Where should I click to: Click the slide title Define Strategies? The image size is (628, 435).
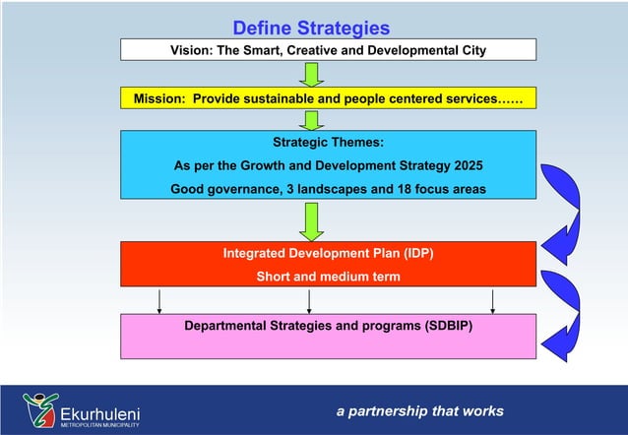click(311, 28)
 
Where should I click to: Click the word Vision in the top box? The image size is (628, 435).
click(192, 50)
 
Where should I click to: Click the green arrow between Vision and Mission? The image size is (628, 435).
click(312, 74)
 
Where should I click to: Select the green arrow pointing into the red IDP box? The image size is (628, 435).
click(312, 220)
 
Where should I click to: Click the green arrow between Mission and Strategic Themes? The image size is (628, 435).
click(312, 120)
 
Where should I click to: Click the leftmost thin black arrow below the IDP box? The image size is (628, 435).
click(159, 301)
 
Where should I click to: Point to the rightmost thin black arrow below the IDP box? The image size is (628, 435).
click(492, 301)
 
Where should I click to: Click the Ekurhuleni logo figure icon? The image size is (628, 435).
click(40, 406)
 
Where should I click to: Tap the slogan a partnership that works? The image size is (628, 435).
click(419, 411)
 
